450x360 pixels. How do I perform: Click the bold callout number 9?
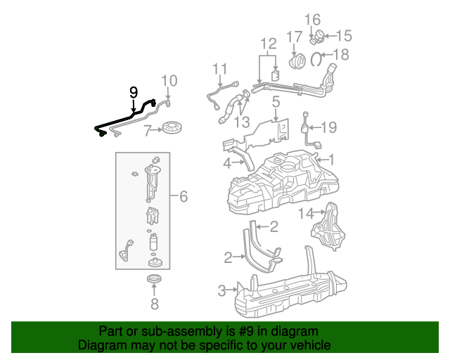tap(133, 92)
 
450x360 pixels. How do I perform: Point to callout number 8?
tap(154, 304)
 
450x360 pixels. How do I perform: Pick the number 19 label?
tap(329, 127)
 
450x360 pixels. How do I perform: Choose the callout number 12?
tap(268, 44)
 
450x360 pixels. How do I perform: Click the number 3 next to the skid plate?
tap(222, 290)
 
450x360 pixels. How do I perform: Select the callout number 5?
tap(276, 103)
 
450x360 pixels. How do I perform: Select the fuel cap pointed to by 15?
tap(318, 35)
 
